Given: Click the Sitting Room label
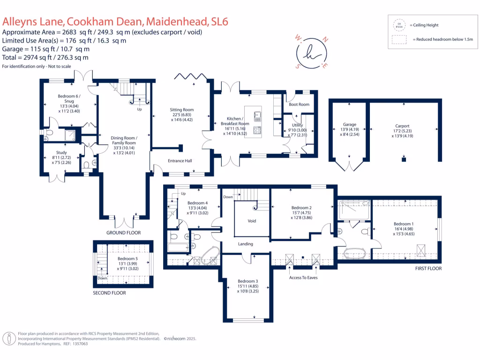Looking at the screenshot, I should tap(181, 110).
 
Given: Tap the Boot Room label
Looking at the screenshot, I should tap(299, 105).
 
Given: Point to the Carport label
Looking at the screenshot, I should tap(402, 126).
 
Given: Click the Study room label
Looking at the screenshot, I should tap(61, 153).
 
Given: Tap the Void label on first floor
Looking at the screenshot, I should tap(252, 221).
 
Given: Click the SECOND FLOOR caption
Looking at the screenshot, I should tap(109, 293).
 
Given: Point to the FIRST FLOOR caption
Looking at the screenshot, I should tap(428, 269).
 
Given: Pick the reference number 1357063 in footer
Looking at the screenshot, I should tap(78, 344).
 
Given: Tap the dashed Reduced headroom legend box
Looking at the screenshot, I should tap(400, 40).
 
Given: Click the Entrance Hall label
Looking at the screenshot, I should tap(180, 161).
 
